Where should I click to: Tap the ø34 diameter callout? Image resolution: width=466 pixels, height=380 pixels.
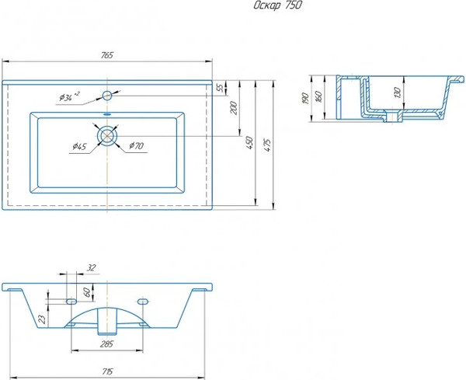(x=68, y=97)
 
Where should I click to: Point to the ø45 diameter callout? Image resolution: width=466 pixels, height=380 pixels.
(x=78, y=146)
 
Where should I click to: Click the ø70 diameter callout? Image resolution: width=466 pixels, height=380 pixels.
(x=136, y=145)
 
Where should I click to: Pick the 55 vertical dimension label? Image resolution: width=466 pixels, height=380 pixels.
(x=220, y=88)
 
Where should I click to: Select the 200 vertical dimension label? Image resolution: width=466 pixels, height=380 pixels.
(x=234, y=109)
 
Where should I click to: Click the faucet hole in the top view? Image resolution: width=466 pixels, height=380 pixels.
(x=107, y=96)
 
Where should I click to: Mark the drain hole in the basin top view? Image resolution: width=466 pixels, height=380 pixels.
(x=107, y=134)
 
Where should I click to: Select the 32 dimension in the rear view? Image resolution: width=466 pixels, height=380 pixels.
(x=92, y=267)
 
